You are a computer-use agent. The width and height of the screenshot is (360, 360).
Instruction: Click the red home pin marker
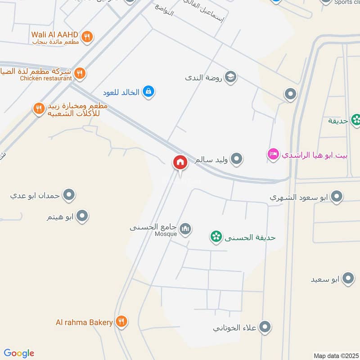[180, 162]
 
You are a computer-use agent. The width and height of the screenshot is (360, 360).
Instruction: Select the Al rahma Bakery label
[84, 322]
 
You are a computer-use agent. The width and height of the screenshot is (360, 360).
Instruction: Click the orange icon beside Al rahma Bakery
[121, 321]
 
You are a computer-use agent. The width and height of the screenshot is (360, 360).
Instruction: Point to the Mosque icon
[185, 230]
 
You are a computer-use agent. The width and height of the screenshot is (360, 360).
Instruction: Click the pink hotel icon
[273, 155]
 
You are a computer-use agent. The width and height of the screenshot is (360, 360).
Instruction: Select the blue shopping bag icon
[148, 92]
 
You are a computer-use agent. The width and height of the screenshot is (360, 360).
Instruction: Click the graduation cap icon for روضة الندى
[231, 77]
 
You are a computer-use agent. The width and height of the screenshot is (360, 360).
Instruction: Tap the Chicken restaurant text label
[46, 78]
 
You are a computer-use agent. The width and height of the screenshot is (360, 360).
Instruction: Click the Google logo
[19, 353]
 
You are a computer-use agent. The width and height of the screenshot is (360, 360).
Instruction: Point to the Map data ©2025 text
[336, 355]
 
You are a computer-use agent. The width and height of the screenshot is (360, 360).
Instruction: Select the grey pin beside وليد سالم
[237, 159]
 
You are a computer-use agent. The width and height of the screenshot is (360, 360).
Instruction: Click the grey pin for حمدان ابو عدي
[69, 195]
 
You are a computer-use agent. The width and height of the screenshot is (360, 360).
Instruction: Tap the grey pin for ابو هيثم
[82, 216]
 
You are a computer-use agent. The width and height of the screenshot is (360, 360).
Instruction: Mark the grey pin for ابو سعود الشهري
[336, 196]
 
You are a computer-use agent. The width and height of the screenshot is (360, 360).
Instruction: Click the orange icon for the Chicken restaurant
[80, 73]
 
